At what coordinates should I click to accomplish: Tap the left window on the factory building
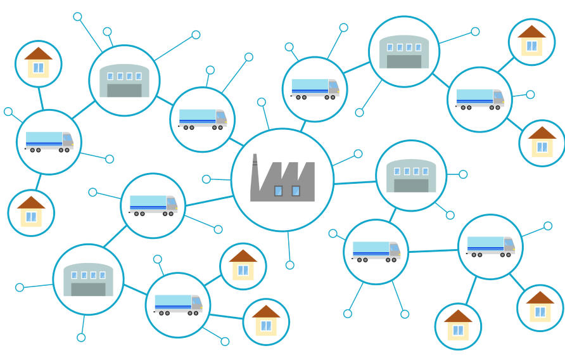(278, 191)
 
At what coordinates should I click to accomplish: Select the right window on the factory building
(295, 191)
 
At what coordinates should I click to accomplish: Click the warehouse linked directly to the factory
(411, 176)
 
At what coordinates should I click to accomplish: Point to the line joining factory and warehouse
(355, 183)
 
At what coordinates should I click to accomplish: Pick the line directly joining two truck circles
(433, 251)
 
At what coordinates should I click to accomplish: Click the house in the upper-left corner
(38, 63)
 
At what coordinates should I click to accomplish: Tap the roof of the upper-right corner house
(531, 32)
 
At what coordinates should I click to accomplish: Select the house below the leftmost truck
(31, 213)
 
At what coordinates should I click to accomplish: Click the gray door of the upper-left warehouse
(124, 90)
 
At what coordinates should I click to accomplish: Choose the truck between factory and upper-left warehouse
(203, 119)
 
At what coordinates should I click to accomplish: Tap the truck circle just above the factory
(315, 89)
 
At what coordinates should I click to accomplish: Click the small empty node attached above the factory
(262, 102)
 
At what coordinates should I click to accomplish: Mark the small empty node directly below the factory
(290, 265)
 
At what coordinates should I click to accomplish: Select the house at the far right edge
(542, 143)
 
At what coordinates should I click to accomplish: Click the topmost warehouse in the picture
(404, 51)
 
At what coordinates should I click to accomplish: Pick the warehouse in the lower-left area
(88, 280)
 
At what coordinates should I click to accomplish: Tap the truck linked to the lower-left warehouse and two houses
(178, 305)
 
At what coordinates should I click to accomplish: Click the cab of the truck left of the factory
(172, 203)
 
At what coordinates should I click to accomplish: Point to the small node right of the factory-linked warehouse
(463, 174)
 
